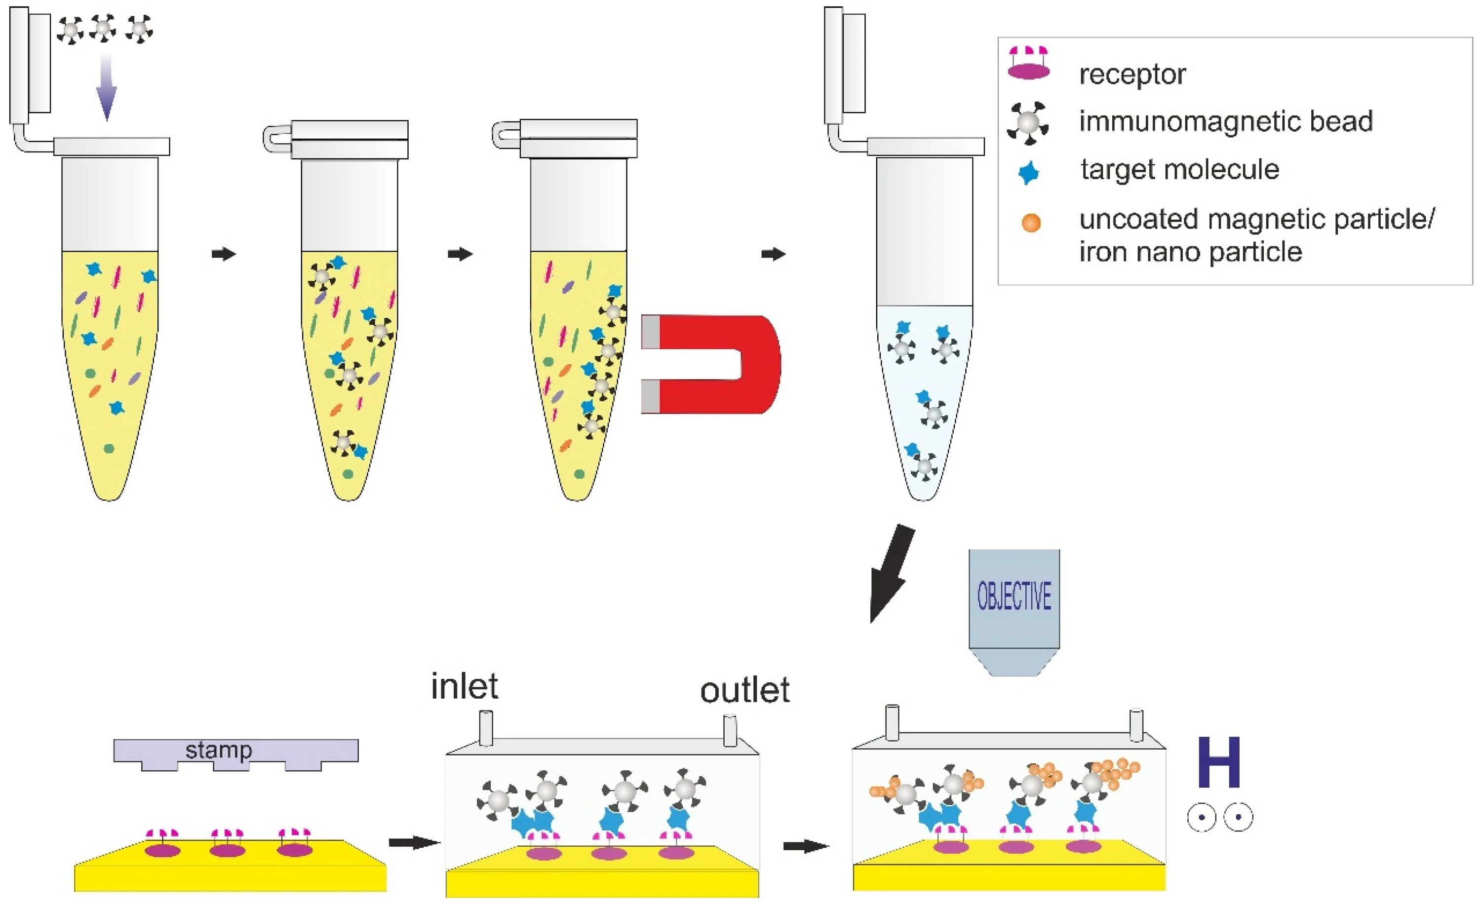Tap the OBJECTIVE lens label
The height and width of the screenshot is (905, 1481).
click(1014, 597)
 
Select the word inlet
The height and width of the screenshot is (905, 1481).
click(464, 686)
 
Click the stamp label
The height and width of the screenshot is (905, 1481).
click(218, 750)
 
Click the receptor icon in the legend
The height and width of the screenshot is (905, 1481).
click(1028, 64)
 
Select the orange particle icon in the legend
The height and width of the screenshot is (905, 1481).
click(1031, 223)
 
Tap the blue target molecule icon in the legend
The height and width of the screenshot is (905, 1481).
click(1028, 173)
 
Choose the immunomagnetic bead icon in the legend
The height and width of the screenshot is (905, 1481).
click(1028, 122)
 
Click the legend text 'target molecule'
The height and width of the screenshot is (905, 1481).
click(1179, 169)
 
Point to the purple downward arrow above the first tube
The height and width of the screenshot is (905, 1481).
click(107, 87)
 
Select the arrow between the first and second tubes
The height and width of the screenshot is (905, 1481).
click(224, 254)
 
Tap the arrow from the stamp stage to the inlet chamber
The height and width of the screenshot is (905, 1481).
click(414, 842)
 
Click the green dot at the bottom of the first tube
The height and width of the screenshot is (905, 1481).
click(109, 448)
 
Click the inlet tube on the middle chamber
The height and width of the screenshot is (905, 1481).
click(486, 728)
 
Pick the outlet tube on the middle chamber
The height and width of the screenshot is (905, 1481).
click(730, 730)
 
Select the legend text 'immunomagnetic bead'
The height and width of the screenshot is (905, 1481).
click(1226, 121)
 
